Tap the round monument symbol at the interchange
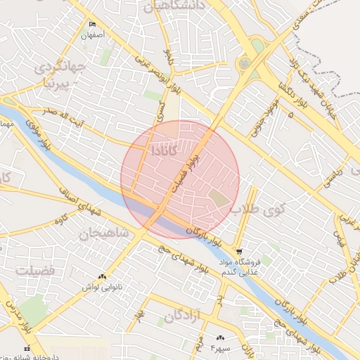(244, 63)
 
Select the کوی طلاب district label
(256, 209)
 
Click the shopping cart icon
(240, 252)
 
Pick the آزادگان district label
(184, 316)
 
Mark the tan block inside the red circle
(220, 199)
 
